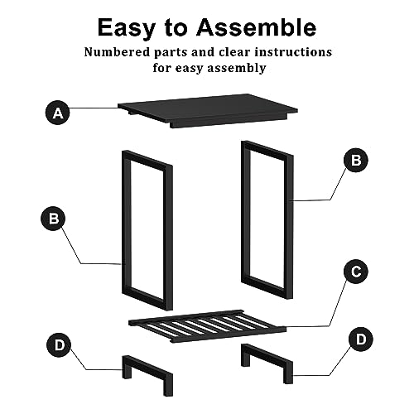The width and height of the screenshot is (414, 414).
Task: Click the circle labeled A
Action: point(58,113)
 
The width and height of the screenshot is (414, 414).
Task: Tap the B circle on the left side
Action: point(53,219)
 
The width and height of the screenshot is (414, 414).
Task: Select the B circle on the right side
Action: point(356,160)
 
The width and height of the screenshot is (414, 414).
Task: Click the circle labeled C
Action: point(356,272)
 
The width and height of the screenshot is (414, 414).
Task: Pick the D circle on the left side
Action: point(59,345)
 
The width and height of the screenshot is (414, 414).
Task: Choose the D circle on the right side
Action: point(361,339)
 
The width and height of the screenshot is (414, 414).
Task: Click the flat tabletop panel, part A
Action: point(208,110)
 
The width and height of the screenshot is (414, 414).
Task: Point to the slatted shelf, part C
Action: point(207,326)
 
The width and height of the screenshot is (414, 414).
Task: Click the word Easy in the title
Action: point(127,28)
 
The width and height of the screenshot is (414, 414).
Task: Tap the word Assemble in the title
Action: point(257,27)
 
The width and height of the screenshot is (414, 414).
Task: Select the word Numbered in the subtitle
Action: point(118,52)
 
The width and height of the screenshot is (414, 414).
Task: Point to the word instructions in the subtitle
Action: point(293,52)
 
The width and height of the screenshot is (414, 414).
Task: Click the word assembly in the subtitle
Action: point(237,68)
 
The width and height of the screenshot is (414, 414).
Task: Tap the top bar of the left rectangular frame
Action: point(147,159)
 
